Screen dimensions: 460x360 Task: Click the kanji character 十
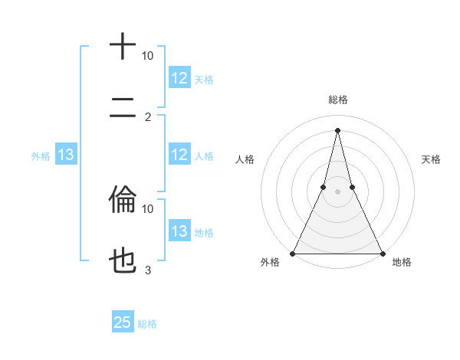pos(123,47)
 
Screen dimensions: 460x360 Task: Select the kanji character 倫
pos(123,201)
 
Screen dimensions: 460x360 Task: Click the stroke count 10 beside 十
pos(147,56)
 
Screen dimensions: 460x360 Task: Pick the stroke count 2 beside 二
pos(147,117)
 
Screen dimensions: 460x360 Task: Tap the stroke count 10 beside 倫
pos(147,208)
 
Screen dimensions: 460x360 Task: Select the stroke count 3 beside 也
pos(147,270)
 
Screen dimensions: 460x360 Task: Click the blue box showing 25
pos(123,322)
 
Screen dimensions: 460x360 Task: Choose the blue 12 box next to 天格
pos(179,78)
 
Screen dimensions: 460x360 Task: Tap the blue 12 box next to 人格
pos(179,155)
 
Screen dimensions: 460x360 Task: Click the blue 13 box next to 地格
pos(179,231)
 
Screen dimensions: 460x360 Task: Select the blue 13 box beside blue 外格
pos(66,155)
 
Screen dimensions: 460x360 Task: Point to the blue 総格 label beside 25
pos(147,324)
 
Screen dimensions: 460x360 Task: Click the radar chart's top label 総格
pos(337,100)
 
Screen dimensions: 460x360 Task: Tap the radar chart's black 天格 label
pos(431,159)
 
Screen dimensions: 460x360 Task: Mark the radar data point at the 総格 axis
pos(337,129)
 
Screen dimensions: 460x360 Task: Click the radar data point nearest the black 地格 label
pos(382,254)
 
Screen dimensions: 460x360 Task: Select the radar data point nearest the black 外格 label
pos(293,254)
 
